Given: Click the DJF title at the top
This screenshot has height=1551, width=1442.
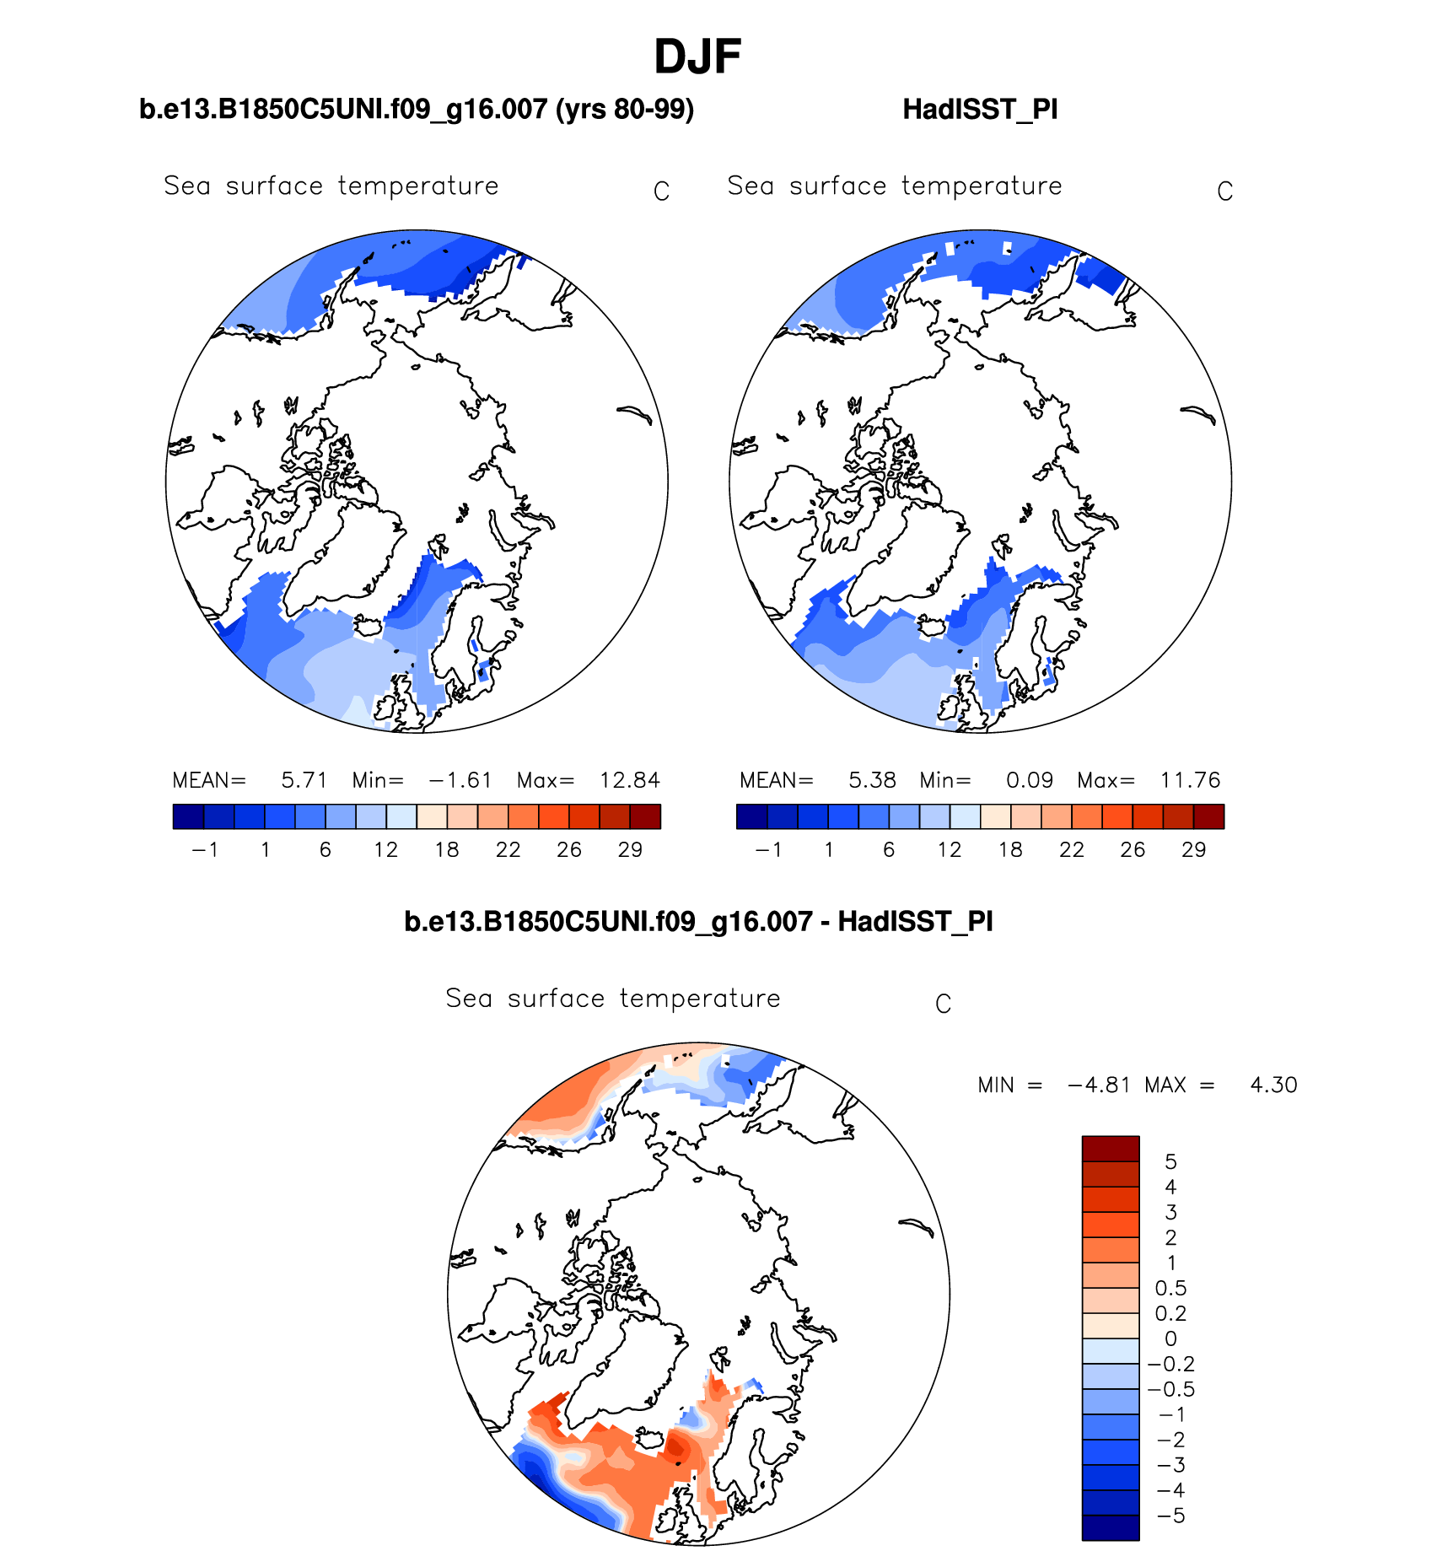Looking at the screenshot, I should (x=697, y=57).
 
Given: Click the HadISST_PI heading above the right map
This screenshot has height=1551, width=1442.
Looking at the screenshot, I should (x=980, y=110).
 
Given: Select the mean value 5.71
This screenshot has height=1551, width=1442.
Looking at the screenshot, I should (x=304, y=780).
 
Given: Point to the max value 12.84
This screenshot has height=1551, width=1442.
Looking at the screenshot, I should (x=629, y=780).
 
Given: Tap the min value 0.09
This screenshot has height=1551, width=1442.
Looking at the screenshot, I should (x=1030, y=780).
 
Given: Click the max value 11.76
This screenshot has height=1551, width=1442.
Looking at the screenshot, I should (x=1190, y=780).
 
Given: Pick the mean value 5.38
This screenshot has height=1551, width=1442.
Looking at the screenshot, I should (x=872, y=780).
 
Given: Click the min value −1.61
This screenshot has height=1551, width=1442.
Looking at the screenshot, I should (x=460, y=780).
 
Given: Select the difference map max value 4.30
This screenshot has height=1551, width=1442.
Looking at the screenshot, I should (x=1273, y=1085).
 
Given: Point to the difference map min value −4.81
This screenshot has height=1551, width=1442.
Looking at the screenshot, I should (x=1099, y=1085).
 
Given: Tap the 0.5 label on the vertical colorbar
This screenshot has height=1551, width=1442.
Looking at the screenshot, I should (x=1170, y=1289).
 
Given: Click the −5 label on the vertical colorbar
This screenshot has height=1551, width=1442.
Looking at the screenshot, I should (x=1170, y=1516).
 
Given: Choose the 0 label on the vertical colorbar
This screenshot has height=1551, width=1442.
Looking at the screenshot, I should (x=1170, y=1339).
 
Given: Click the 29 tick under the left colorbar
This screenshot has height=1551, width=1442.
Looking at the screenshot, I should (x=630, y=850).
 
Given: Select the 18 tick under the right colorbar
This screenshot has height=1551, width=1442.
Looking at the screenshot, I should (x=1010, y=850).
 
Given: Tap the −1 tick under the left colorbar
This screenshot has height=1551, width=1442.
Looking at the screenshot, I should (x=205, y=850).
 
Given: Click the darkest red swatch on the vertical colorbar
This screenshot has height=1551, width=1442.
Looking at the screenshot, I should (x=1111, y=1149).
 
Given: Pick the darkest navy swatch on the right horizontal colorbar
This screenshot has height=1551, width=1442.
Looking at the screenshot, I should (x=751, y=816).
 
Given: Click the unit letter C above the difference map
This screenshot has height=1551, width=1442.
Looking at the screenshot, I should (x=944, y=1004).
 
